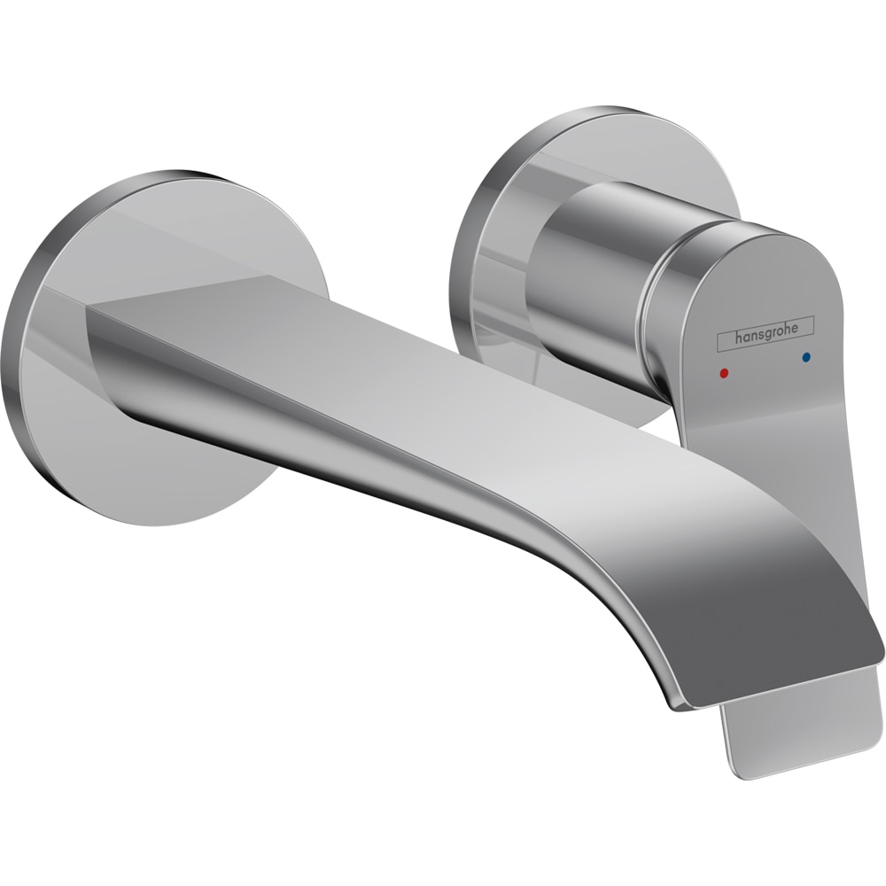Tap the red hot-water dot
pyautogui.click(x=726, y=373)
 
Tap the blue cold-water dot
pyautogui.click(x=805, y=358)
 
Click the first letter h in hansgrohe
pyautogui.click(x=736, y=336)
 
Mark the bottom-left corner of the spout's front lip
pyautogui.click(x=678, y=704)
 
